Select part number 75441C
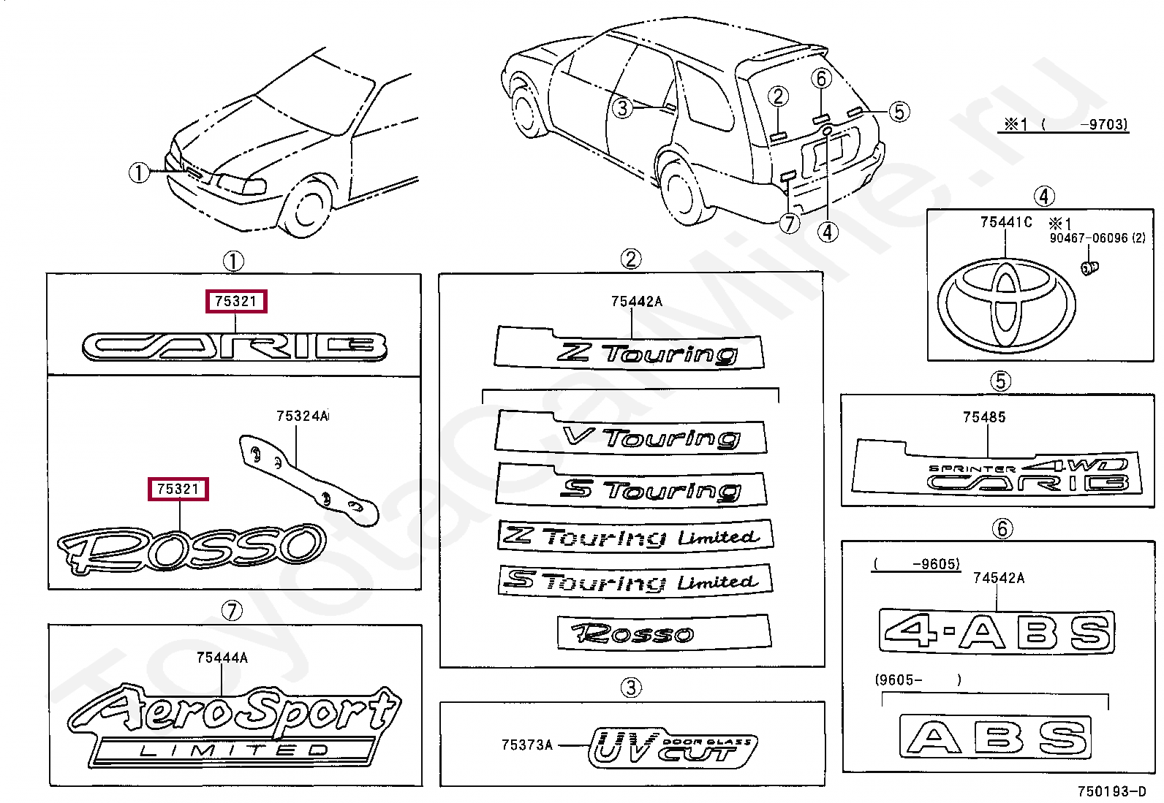[x=1006, y=222]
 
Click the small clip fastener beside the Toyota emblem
[x=1089, y=268]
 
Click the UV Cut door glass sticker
[x=672, y=747]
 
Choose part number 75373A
[x=526, y=745]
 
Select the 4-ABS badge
[x=998, y=631]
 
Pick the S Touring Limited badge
[x=635, y=582]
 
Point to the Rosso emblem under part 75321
[x=192, y=547]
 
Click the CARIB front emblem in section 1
[x=234, y=347]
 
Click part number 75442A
[x=636, y=301]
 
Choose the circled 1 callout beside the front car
[x=139, y=173]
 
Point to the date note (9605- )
[x=917, y=680]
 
